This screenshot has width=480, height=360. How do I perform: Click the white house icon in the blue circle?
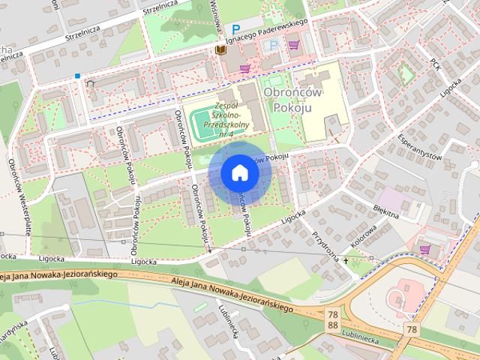[239, 172]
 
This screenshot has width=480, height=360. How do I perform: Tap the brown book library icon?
[220, 49]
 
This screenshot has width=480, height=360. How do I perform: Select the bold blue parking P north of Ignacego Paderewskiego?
[236, 29]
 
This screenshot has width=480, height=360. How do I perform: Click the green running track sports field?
[205, 124]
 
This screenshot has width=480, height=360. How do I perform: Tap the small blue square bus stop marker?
[77, 75]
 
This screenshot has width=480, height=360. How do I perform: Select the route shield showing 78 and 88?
[332, 320]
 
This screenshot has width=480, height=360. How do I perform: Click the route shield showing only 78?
[411, 329]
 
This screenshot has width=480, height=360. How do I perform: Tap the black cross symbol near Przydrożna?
[346, 261]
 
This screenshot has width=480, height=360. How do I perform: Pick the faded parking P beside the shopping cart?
[273, 45]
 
